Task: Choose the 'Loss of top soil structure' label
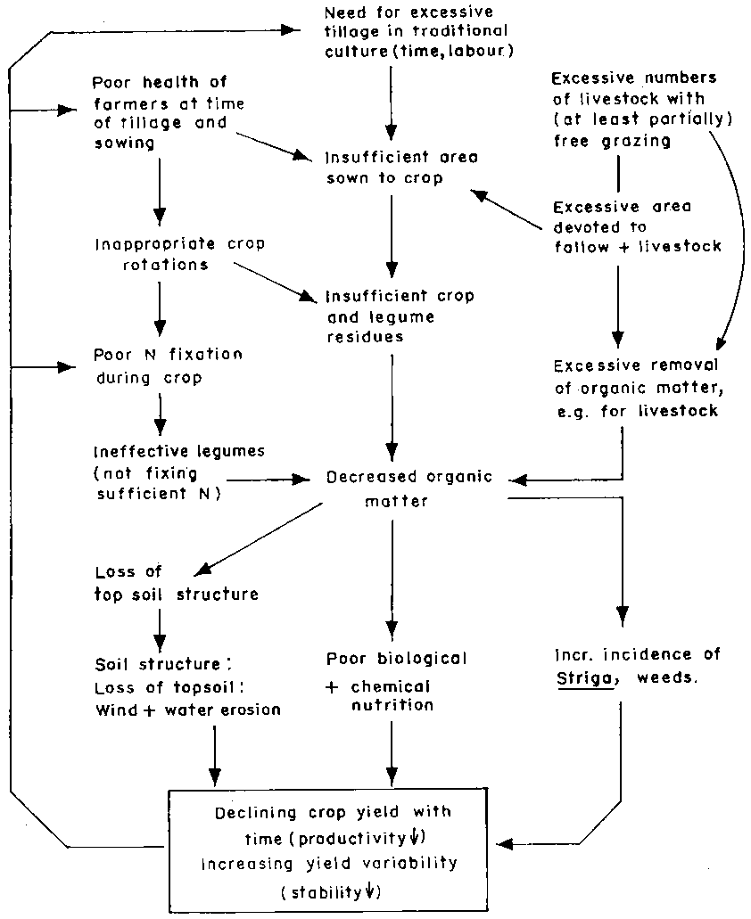(x=176, y=583)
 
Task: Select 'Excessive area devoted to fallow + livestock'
(x=636, y=226)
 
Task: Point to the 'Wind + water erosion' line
(x=187, y=710)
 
